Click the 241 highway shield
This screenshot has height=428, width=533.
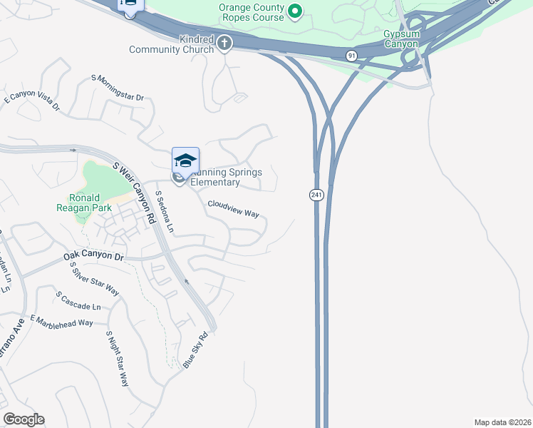coord(315,195)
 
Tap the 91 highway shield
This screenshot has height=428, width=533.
coord(351,55)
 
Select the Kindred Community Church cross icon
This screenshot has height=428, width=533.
coord(224,43)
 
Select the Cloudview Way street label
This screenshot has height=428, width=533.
coord(233,208)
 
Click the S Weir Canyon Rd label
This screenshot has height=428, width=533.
coord(134,193)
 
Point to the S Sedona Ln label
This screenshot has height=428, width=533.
coord(165,212)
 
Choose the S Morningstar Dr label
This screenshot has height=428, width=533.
coord(118,88)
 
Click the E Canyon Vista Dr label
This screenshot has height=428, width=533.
coord(32,104)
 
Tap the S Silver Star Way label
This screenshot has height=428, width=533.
coord(94,279)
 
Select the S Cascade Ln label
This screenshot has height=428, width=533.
coord(78,301)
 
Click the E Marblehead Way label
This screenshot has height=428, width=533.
coord(61,321)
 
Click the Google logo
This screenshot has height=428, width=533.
coord(24,419)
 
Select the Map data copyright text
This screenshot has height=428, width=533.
coord(502,422)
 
